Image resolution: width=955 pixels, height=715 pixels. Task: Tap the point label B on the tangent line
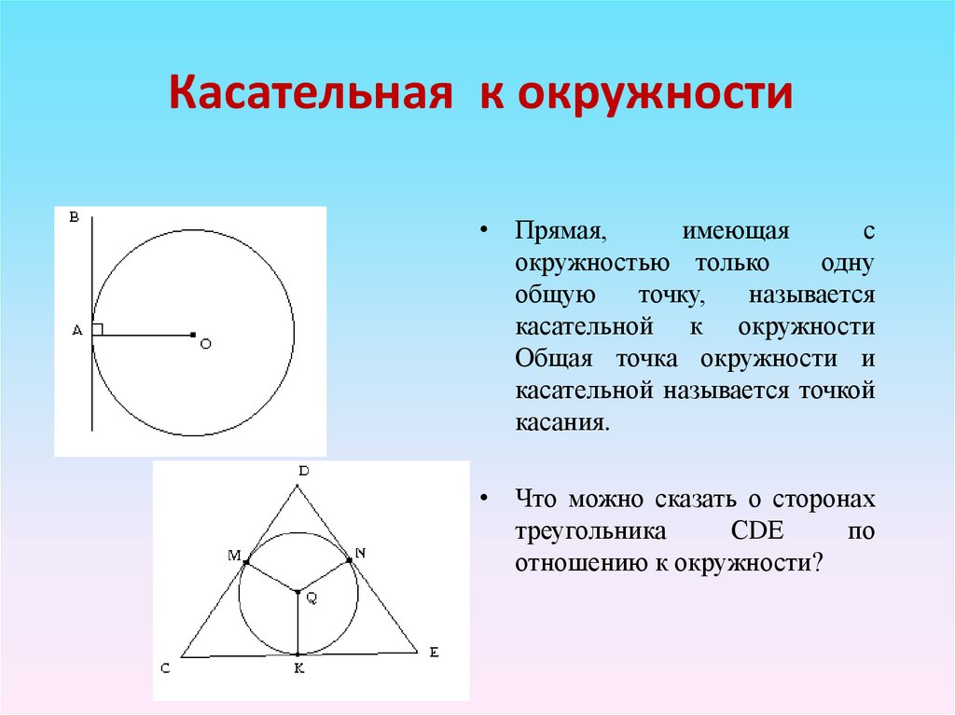tap(74, 217)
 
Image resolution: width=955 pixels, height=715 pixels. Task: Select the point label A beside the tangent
tap(76, 330)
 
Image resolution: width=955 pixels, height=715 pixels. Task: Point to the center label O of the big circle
tap(205, 344)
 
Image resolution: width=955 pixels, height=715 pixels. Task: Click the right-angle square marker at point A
tap(98, 328)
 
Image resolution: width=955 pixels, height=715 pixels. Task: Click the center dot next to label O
tap(192, 334)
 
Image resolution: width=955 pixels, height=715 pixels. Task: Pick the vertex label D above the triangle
tap(302, 471)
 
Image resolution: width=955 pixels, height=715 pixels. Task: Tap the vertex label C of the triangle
tap(165, 667)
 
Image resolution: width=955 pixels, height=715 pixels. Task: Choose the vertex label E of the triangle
tap(433, 653)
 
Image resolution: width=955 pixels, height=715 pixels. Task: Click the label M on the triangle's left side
tap(233, 556)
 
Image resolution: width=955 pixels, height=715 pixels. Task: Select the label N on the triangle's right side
tap(361, 553)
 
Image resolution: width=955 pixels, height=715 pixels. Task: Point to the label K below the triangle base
tap(298, 669)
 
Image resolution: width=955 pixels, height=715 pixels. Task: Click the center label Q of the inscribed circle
tap(311, 599)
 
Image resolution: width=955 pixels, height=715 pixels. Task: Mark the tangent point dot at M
tap(245, 562)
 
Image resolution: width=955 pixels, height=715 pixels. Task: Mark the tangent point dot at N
tap(350, 559)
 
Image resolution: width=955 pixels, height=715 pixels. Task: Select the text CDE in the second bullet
tap(754, 531)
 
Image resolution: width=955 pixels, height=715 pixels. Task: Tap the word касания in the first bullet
tap(561, 422)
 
